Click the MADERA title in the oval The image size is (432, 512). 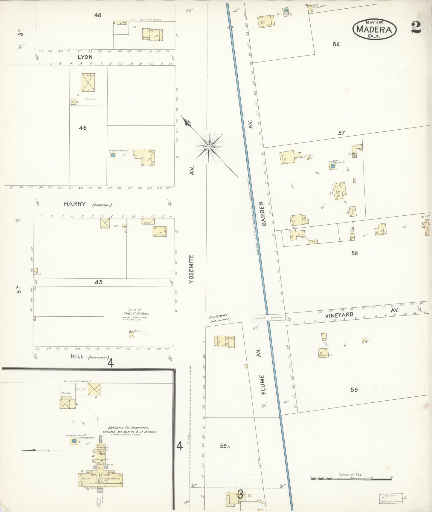[x=375, y=30]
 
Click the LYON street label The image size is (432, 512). [x=85, y=57]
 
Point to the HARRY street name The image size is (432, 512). [x=75, y=204]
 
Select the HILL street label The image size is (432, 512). [x=77, y=356]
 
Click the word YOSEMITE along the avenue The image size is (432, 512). [x=192, y=269]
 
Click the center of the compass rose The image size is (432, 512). [x=209, y=147]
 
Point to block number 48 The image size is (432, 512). [x=97, y=15]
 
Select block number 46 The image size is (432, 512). [x=83, y=128]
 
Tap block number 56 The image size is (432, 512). [x=336, y=44]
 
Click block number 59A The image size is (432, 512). [x=225, y=446]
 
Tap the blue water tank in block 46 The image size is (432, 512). [x=113, y=155]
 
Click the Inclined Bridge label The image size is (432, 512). [x=268, y=318]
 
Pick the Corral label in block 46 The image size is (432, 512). [x=90, y=99]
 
